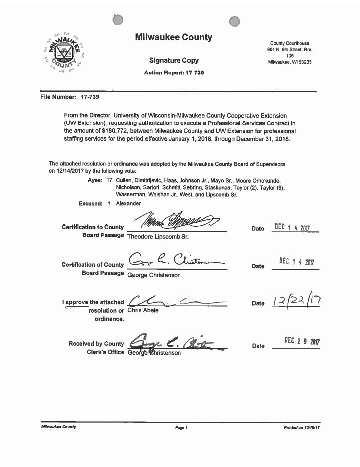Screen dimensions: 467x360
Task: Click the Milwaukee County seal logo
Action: pyautogui.click(x=63, y=51)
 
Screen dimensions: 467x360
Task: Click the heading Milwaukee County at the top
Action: pyautogui.click(x=174, y=37)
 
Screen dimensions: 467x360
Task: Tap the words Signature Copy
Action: pyautogui.click(x=174, y=60)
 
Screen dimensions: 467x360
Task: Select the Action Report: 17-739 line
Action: pyautogui.click(x=174, y=73)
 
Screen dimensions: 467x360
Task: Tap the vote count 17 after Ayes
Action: pyautogui.click(x=109, y=180)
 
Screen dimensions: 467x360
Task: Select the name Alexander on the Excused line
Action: pyautogui.click(x=128, y=204)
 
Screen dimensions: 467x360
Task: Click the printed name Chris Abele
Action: pyautogui.click(x=144, y=310)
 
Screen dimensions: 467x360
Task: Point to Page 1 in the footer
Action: pyautogui.click(x=180, y=428)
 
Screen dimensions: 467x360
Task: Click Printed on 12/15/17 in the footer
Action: pyautogui.click(x=301, y=428)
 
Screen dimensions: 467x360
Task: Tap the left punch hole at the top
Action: pyautogui.click(x=118, y=20)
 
